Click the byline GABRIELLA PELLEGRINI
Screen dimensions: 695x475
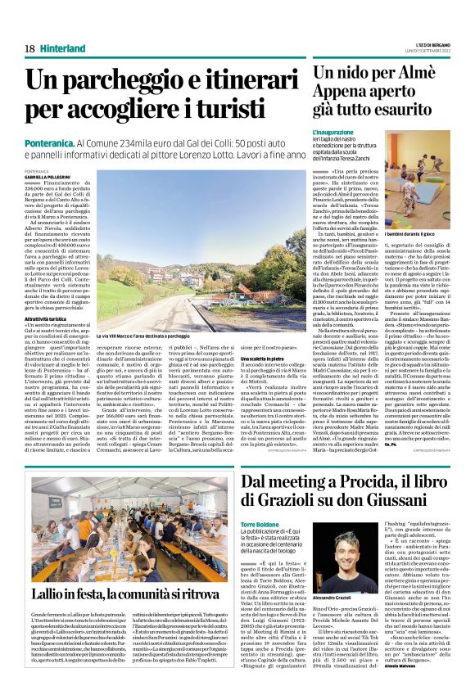tap(48, 176)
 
